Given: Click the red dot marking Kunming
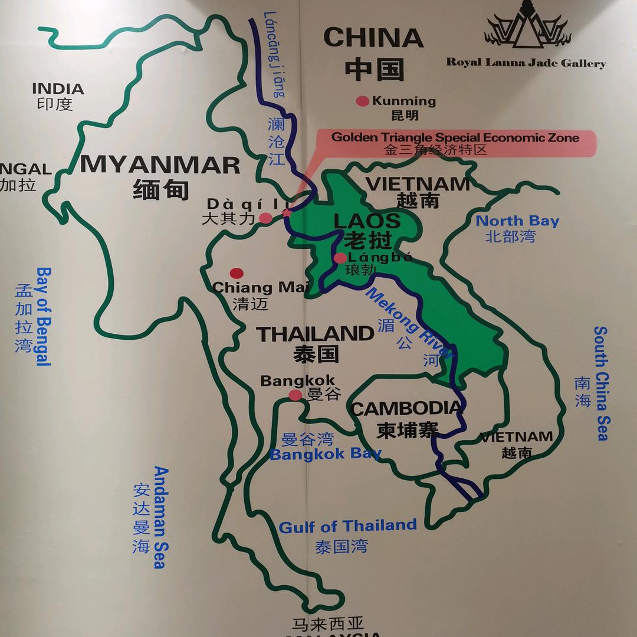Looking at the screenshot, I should [x=362, y=101].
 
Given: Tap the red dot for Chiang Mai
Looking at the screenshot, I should [x=237, y=273].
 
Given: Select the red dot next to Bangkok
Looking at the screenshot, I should [x=295, y=395].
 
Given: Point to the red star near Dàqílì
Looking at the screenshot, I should [x=287, y=212].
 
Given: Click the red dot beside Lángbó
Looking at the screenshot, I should [x=340, y=258].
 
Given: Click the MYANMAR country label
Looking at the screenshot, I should [x=160, y=165].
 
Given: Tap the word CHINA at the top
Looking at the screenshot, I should [x=373, y=38].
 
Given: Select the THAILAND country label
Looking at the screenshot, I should [x=315, y=334].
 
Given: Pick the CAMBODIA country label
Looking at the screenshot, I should [x=406, y=409].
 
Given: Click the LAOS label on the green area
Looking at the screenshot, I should [x=367, y=222].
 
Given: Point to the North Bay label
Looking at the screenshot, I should [x=517, y=221].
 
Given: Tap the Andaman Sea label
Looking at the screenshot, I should [x=160, y=517].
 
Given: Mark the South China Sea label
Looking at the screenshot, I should [x=601, y=383].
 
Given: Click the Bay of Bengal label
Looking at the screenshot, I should [x=44, y=316].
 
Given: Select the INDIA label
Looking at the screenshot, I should [x=58, y=89].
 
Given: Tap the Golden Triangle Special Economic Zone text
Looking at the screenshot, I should [x=455, y=137].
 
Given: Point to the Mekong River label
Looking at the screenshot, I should [x=409, y=323].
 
